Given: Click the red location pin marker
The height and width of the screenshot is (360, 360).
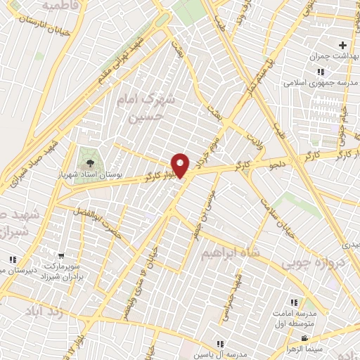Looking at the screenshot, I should click(x=181, y=165).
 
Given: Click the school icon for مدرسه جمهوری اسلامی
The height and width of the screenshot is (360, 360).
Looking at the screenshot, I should click(x=321, y=72).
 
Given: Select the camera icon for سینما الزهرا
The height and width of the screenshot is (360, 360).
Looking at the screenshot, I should click(x=304, y=339).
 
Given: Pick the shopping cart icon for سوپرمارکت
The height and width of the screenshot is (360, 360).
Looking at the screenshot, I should click(x=63, y=256).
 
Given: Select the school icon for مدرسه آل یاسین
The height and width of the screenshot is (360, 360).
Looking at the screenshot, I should click(x=220, y=344).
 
